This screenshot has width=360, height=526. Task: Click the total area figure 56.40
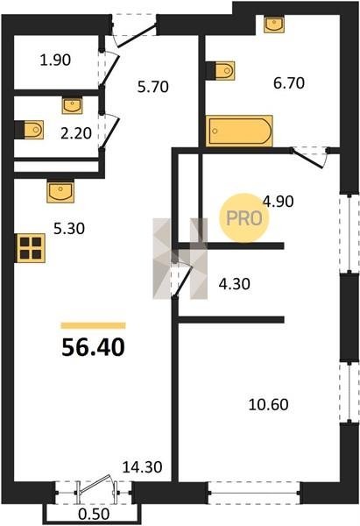pos(93,347)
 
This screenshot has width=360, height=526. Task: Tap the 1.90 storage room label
pos(55,60)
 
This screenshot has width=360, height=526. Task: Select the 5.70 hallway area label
pos(153,87)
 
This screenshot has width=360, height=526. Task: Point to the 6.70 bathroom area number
pos(289,83)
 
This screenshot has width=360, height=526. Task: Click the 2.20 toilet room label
pos(76,134)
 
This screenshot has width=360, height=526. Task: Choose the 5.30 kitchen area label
pos(69,229)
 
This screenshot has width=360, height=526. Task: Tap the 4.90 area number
pos(279,202)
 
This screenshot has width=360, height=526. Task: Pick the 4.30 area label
pos(234,284)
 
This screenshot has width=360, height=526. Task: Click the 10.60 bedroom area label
pos(269,404)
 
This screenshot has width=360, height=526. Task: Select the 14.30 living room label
pos(142,467)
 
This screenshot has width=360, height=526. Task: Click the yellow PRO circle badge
pos(244,218)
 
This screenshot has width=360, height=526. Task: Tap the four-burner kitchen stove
pos(30,248)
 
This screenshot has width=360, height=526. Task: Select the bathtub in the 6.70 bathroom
pos(239,131)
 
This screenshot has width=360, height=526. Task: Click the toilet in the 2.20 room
pos(29,130)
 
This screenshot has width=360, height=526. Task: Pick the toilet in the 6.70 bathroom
pos(220,71)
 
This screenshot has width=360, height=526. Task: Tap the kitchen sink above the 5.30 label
pos(60,191)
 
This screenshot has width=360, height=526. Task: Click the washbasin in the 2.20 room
pos(72,105)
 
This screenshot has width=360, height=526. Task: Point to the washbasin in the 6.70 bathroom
pos(274,25)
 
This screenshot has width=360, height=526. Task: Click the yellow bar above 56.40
pos(93,325)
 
